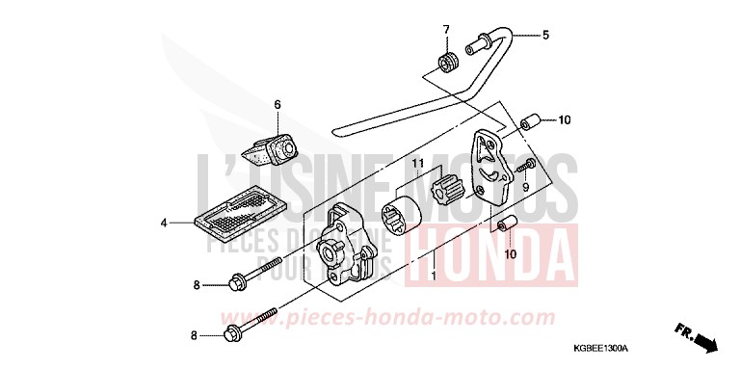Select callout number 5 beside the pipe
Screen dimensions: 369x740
click(544, 36)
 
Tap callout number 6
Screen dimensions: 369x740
click(276, 104)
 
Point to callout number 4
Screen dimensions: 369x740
click(164, 223)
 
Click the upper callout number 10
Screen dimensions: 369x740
click(565, 121)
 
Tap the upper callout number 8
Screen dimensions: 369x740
click(196, 284)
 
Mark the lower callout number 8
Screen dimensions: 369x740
click(196, 335)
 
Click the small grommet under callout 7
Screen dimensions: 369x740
click(446, 64)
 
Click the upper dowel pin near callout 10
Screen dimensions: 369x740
click(528, 123)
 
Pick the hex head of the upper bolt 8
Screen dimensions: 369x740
click(234, 283)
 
